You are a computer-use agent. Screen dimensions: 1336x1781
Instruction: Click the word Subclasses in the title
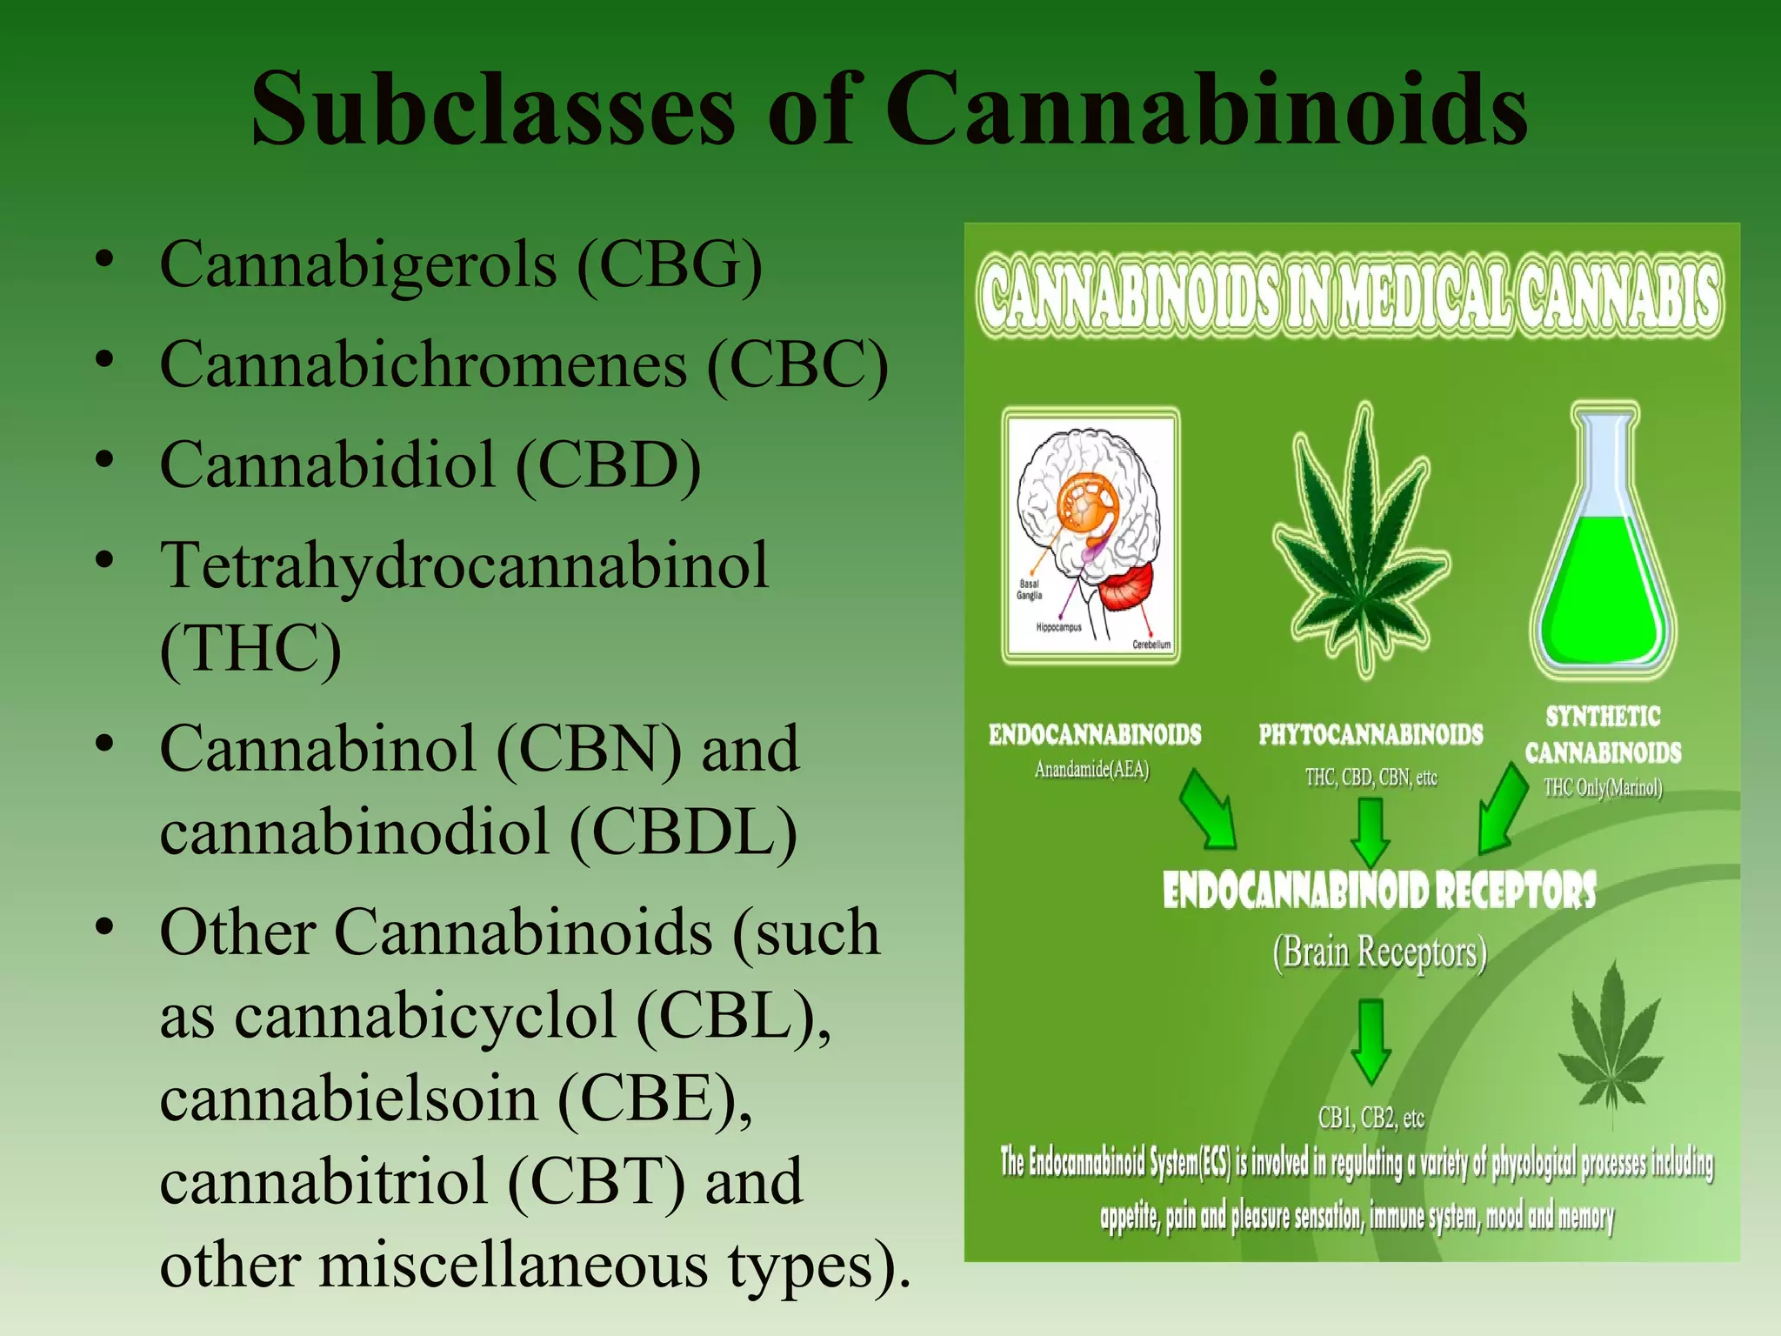click(492, 110)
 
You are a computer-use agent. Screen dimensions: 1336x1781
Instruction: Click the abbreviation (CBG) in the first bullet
click(670, 264)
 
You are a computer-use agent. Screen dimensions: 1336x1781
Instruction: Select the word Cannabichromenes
click(424, 364)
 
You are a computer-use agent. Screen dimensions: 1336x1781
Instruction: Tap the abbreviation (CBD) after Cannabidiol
click(608, 464)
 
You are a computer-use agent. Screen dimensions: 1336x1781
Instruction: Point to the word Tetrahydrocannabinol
click(464, 565)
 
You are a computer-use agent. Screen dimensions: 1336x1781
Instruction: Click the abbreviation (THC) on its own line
click(250, 648)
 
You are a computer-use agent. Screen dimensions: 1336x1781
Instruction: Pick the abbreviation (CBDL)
click(683, 832)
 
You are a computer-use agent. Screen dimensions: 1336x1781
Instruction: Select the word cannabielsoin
click(349, 1099)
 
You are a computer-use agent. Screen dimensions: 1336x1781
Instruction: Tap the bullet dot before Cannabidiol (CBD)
click(105, 459)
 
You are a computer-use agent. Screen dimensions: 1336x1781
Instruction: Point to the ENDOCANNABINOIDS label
click(1095, 735)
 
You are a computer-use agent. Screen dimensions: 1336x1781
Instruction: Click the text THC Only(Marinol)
click(1603, 788)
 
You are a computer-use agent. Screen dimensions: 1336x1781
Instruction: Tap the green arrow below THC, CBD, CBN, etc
click(1371, 831)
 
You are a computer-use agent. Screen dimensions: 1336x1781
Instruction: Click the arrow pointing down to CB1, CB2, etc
click(1371, 1040)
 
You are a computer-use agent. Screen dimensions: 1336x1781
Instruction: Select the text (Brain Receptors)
click(1379, 952)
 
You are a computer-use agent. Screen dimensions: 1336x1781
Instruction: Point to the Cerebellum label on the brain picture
click(1151, 645)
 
